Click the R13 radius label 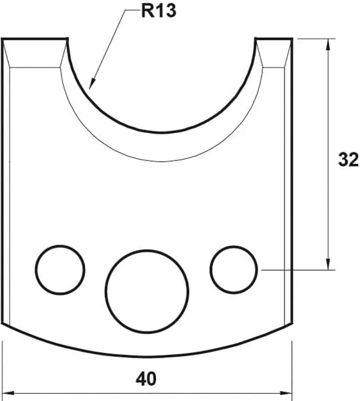click(x=159, y=11)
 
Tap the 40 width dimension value click(x=146, y=379)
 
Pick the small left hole click(x=60, y=269)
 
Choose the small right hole click(x=234, y=269)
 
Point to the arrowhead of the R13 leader click(x=92, y=86)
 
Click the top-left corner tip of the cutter click(x=3, y=39)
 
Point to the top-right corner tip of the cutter click(x=292, y=39)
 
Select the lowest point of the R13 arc click(x=160, y=130)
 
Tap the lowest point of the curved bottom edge click(x=147, y=355)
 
